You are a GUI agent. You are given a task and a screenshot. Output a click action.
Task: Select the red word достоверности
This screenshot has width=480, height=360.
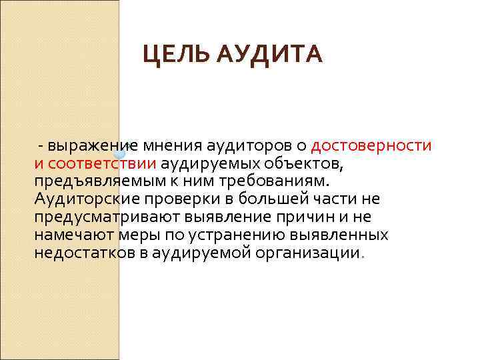click(x=371, y=145)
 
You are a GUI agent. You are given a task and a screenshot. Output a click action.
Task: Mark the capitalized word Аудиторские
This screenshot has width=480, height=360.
click(x=80, y=199)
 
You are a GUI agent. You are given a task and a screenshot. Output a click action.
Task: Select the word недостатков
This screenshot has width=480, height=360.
click(x=76, y=253)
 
